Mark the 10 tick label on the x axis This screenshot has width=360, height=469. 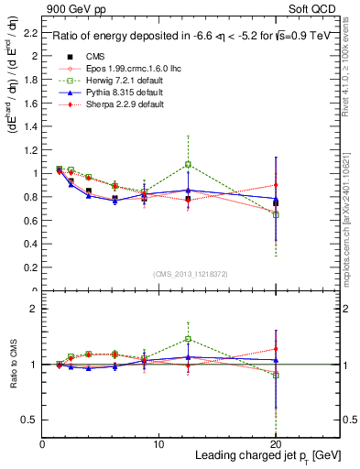coord(158,444)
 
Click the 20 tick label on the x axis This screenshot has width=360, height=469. coord(276,444)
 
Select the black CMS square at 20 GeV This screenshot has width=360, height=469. coord(276,202)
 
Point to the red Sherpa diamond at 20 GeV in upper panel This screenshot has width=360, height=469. coord(276,185)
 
